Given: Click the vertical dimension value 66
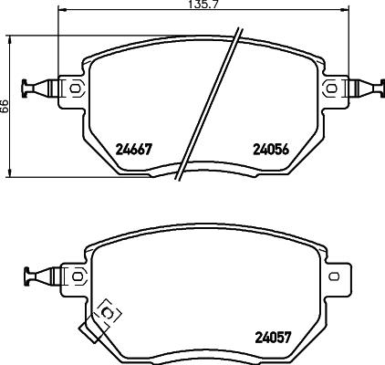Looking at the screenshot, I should point(5,106).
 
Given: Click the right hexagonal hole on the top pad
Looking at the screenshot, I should point(331,89).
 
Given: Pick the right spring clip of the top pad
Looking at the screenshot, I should point(366,89).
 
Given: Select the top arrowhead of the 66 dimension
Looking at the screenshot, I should point(10,41).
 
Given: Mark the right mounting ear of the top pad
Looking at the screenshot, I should point(333,89).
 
